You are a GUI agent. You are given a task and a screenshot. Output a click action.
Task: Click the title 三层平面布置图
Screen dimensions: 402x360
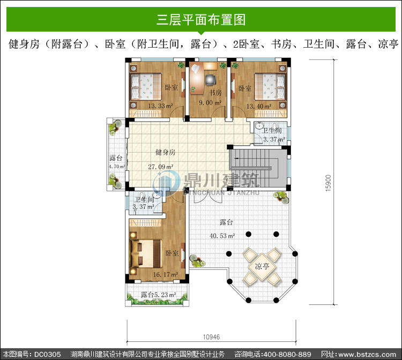(201, 20)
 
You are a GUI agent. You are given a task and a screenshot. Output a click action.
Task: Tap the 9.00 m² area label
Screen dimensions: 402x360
(210, 103)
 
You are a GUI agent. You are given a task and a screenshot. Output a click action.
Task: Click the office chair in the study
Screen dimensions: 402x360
(211, 79)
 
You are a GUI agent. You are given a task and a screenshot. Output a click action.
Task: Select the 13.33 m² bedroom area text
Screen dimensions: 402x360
(160, 106)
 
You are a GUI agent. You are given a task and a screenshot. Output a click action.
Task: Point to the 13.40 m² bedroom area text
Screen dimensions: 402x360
(259, 106)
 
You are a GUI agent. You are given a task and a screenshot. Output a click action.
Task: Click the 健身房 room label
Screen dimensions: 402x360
(166, 152)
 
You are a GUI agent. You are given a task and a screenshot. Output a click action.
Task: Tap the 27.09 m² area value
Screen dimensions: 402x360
(160, 167)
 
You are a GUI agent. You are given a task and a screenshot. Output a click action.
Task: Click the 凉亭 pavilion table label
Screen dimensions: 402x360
(262, 266)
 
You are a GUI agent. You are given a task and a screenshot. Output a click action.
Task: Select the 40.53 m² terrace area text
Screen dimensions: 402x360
(222, 236)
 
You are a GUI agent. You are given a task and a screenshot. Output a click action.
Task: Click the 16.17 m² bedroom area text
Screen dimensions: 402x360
(166, 275)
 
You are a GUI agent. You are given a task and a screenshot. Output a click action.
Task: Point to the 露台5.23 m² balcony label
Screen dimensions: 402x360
(158, 295)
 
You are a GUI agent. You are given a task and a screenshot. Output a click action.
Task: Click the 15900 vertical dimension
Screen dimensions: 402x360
(328, 183)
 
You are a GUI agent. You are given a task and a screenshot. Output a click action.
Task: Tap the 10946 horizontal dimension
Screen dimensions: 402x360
(211, 337)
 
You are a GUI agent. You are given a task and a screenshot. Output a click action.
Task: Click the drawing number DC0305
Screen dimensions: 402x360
(47, 355)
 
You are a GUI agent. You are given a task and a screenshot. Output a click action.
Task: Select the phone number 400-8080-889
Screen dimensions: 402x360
(287, 355)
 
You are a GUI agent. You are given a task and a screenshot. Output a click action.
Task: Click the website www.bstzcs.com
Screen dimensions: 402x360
(367, 355)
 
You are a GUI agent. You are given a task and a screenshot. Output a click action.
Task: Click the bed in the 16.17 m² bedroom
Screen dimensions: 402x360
(146, 254)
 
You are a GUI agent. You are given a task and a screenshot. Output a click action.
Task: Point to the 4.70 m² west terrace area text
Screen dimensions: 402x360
(117, 167)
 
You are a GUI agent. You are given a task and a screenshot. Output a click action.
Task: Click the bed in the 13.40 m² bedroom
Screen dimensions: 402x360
(270, 86)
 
